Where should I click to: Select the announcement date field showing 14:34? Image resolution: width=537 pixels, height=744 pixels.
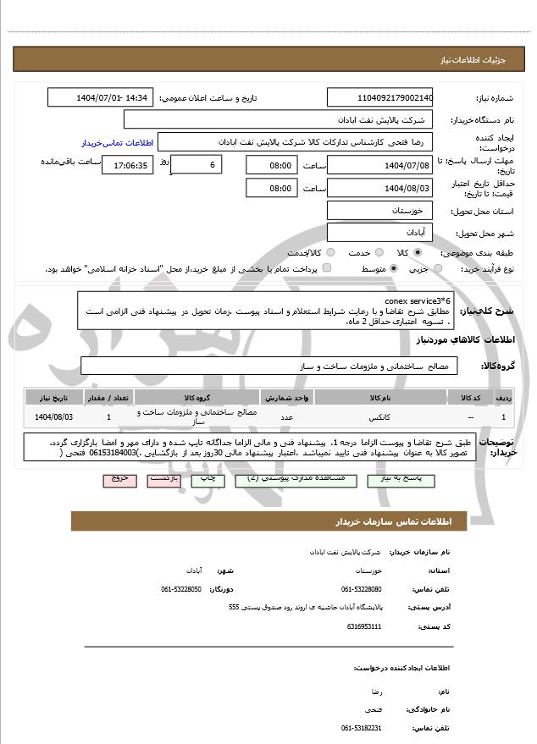coord(101,98)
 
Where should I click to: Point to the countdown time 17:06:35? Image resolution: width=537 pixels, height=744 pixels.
coord(128,166)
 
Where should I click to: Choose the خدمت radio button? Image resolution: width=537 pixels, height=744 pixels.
coord(354,253)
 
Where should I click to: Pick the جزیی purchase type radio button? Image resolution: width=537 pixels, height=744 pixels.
coord(438,269)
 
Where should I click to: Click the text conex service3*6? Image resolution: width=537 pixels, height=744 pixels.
coord(418,300)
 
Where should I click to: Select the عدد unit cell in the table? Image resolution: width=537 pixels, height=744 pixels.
coord(286,417)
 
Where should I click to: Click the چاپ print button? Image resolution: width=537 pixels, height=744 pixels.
coord(208,479)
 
